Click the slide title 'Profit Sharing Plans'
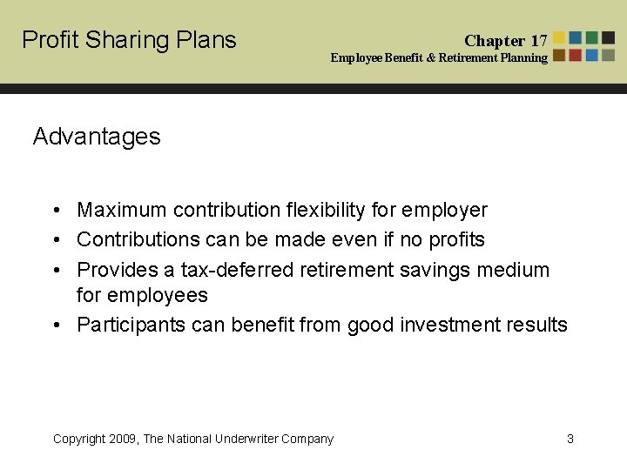click(129, 40)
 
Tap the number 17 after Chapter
click(539, 41)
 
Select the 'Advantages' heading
click(97, 137)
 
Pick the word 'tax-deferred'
click(237, 270)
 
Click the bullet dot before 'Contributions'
click(55, 239)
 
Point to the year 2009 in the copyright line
click(125, 439)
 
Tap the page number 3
click(570, 439)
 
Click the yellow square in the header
click(559, 38)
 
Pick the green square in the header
click(592, 38)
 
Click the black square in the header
click(608, 38)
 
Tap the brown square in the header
click(559, 55)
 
